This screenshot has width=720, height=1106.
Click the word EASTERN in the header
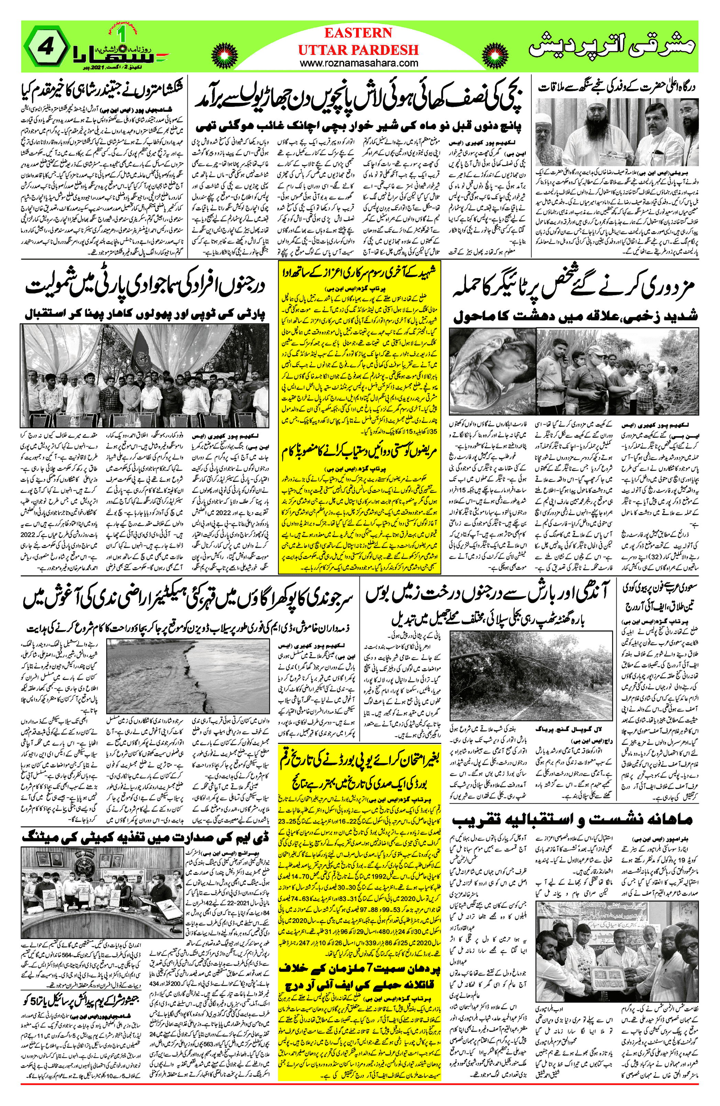pos(358,33)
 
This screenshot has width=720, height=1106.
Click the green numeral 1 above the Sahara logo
pos(123,33)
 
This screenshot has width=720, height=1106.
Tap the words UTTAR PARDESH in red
pos(358,49)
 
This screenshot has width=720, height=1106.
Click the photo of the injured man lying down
pos(492,371)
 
